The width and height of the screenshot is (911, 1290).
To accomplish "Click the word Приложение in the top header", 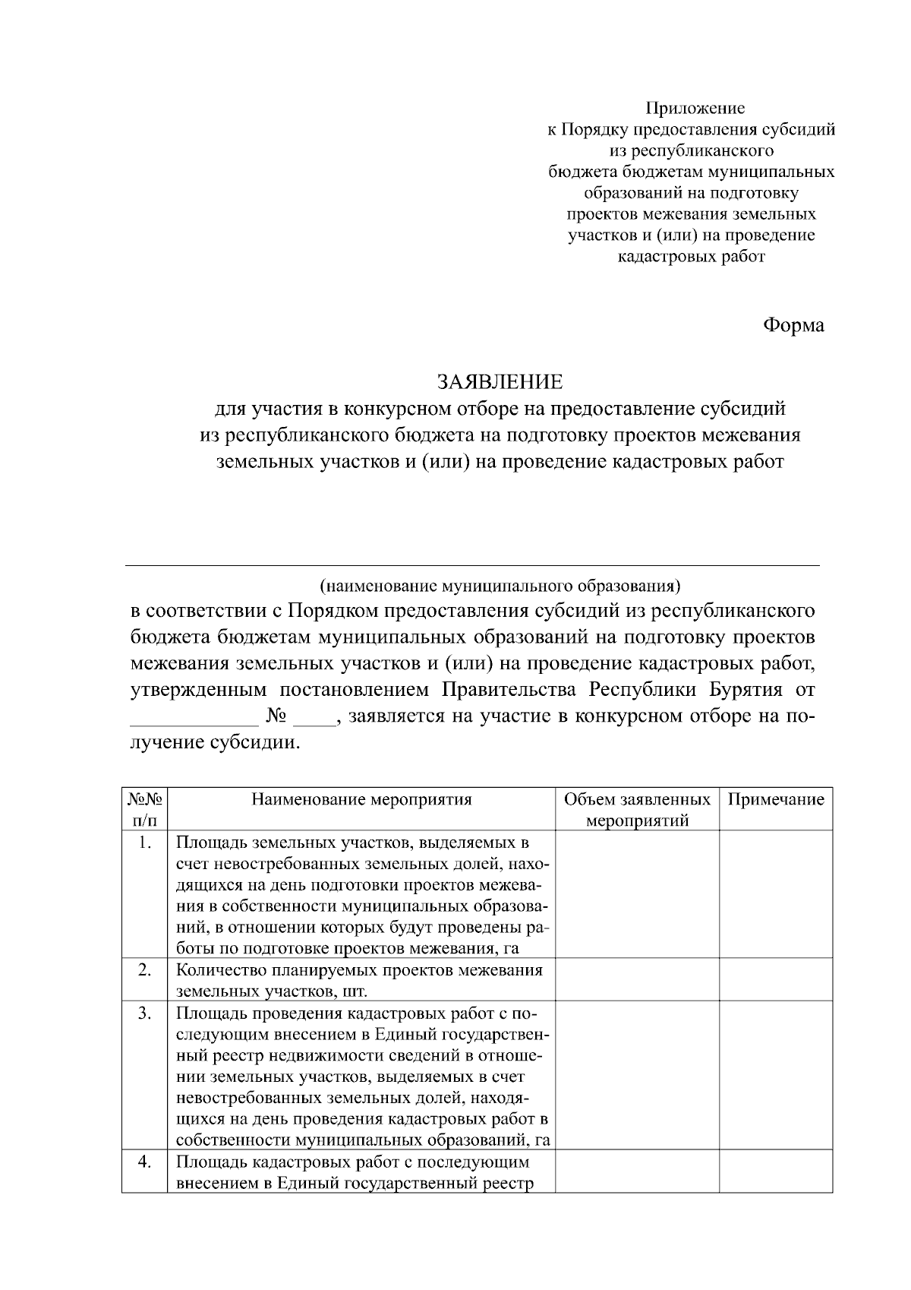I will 695,109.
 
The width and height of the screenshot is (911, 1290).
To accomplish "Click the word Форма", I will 793,326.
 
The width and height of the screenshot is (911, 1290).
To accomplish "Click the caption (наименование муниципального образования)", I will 500,587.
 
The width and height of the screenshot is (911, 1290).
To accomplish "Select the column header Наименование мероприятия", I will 361,799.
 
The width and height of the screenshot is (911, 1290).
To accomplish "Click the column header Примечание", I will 776,799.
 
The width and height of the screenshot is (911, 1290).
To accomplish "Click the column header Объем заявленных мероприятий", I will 638,810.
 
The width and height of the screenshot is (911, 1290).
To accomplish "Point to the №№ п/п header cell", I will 144,810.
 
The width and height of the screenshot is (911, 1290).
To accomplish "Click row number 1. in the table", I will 144,843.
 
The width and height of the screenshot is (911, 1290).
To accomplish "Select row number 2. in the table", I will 144,970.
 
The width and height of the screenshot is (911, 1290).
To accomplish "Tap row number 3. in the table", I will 144,1013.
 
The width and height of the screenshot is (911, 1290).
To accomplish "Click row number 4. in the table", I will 144,1162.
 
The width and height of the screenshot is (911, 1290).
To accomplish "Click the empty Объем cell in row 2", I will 638,980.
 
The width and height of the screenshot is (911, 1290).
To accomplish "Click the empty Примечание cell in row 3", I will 776,1076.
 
